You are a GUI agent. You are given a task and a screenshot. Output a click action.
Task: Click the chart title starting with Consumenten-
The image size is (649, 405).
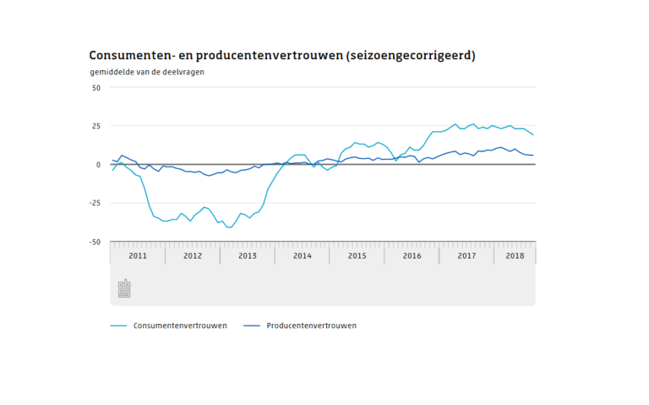[x=282, y=56]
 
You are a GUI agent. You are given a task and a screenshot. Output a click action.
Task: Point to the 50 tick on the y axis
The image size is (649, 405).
[x=95, y=87]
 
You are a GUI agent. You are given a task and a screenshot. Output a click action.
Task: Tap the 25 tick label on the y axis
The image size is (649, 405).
[x=95, y=126]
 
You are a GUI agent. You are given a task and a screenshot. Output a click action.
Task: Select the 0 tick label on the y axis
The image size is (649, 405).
[x=98, y=165]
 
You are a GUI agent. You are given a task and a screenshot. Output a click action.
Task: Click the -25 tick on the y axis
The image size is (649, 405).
[x=94, y=203]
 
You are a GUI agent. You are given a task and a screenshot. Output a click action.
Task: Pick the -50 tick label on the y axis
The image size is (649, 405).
[x=94, y=242]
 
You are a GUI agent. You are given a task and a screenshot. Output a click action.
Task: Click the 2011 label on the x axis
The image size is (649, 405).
[x=138, y=255]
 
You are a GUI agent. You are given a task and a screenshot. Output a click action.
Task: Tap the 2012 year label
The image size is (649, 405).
[x=193, y=255]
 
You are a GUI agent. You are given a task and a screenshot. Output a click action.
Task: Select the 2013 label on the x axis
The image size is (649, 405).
[x=248, y=255]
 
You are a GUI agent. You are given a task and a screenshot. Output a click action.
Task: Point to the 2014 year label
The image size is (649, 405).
[x=303, y=255]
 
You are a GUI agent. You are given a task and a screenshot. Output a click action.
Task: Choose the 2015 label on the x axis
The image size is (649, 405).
[x=357, y=255]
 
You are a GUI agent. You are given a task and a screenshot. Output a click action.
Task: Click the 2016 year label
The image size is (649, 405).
[x=412, y=255]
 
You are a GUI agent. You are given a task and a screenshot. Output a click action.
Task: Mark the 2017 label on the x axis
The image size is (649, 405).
[x=467, y=255]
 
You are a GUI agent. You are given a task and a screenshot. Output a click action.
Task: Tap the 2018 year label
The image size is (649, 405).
[x=515, y=255]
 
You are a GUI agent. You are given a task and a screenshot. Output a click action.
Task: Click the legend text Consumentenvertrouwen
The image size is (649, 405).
[x=179, y=326]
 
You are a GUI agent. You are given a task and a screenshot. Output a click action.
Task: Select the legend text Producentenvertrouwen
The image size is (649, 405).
[x=311, y=326]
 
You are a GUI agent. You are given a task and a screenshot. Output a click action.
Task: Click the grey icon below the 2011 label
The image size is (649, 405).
[x=124, y=288]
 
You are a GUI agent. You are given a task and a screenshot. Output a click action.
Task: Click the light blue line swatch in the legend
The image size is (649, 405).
[x=118, y=326]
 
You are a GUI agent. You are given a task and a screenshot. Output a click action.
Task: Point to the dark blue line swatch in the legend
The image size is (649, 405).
[x=251, y=326]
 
